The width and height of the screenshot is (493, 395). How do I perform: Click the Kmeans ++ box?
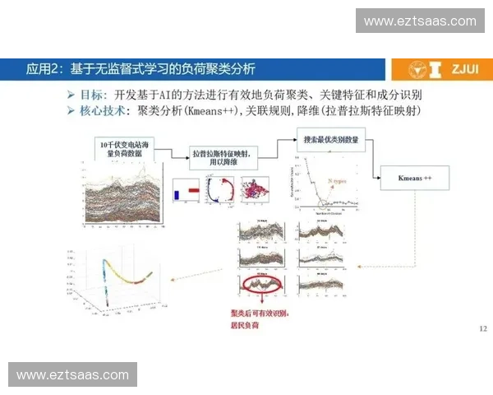pos(416,178)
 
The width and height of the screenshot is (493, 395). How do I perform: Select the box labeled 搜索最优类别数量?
pos(329,139)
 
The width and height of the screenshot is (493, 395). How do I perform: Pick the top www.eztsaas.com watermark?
pos(420,21)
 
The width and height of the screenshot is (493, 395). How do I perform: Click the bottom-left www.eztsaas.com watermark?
pos(72,375)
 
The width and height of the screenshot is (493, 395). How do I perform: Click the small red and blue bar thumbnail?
pos(187,193)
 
